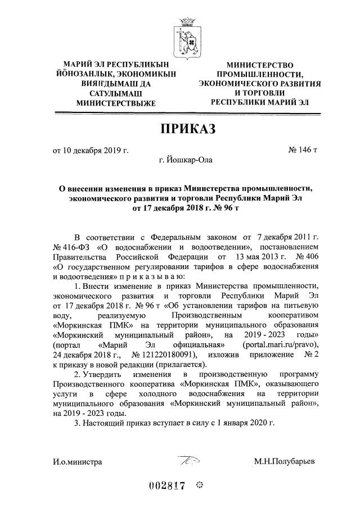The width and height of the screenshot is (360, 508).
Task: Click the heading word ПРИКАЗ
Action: coord(187,129)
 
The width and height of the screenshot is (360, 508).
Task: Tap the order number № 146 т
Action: coord(303,151)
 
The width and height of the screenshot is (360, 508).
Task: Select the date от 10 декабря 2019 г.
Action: coord(91,151)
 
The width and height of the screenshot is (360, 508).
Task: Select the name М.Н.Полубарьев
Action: coord(285,462)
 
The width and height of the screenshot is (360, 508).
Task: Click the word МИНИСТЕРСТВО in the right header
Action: coord(261,66)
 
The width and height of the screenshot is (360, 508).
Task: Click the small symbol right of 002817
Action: coord(199,486)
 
